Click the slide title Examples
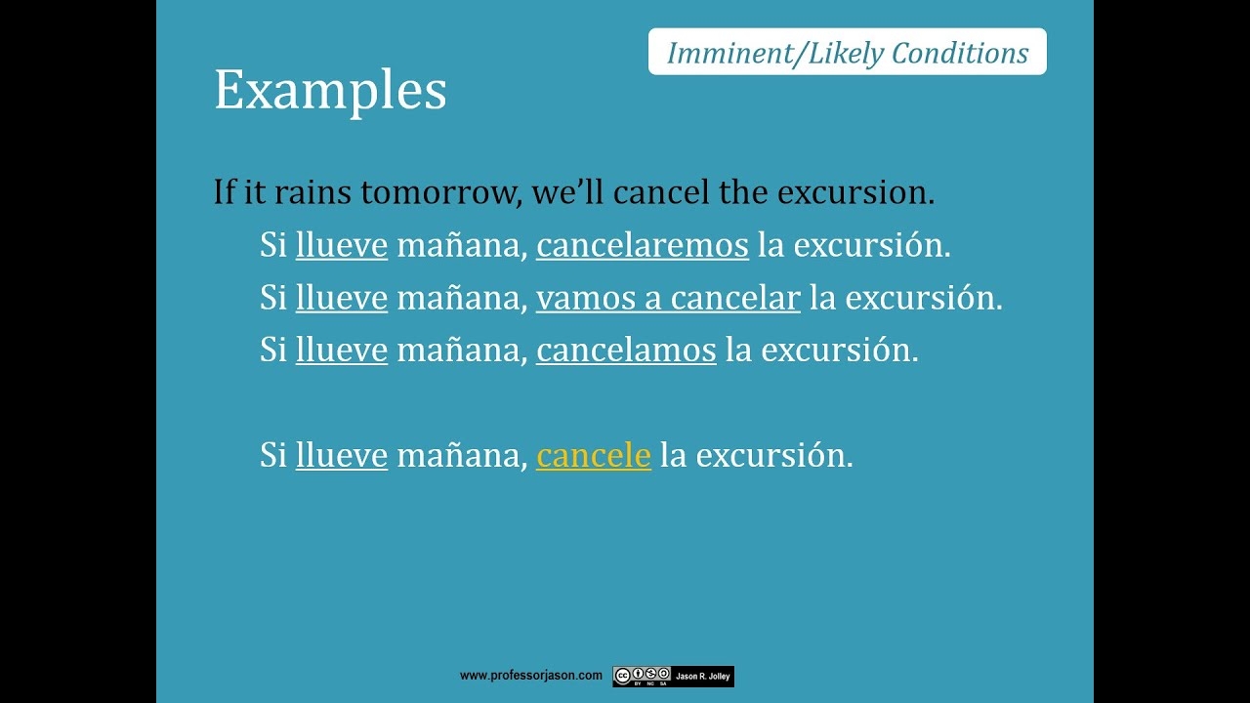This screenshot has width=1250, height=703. tap(330, 91)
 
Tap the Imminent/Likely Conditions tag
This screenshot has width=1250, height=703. tap(847, 53)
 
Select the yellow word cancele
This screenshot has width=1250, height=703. tap(593, 455)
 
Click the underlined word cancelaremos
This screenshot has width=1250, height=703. tap(642, 245)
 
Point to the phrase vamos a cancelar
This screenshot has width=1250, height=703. tap(668, 298)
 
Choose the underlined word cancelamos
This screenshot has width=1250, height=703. tap(626, 350)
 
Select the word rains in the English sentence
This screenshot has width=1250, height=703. tap(312, 192)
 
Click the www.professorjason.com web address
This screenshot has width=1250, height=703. tap(531, 676)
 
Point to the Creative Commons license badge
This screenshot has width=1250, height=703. tap(642, 676)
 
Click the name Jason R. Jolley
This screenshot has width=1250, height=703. tap(703, 676)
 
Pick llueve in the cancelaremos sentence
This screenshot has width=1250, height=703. tap(342, 245)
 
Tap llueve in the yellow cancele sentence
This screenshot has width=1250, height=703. tap(342, 455)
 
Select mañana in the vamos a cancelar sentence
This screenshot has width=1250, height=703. tap(461, 298)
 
